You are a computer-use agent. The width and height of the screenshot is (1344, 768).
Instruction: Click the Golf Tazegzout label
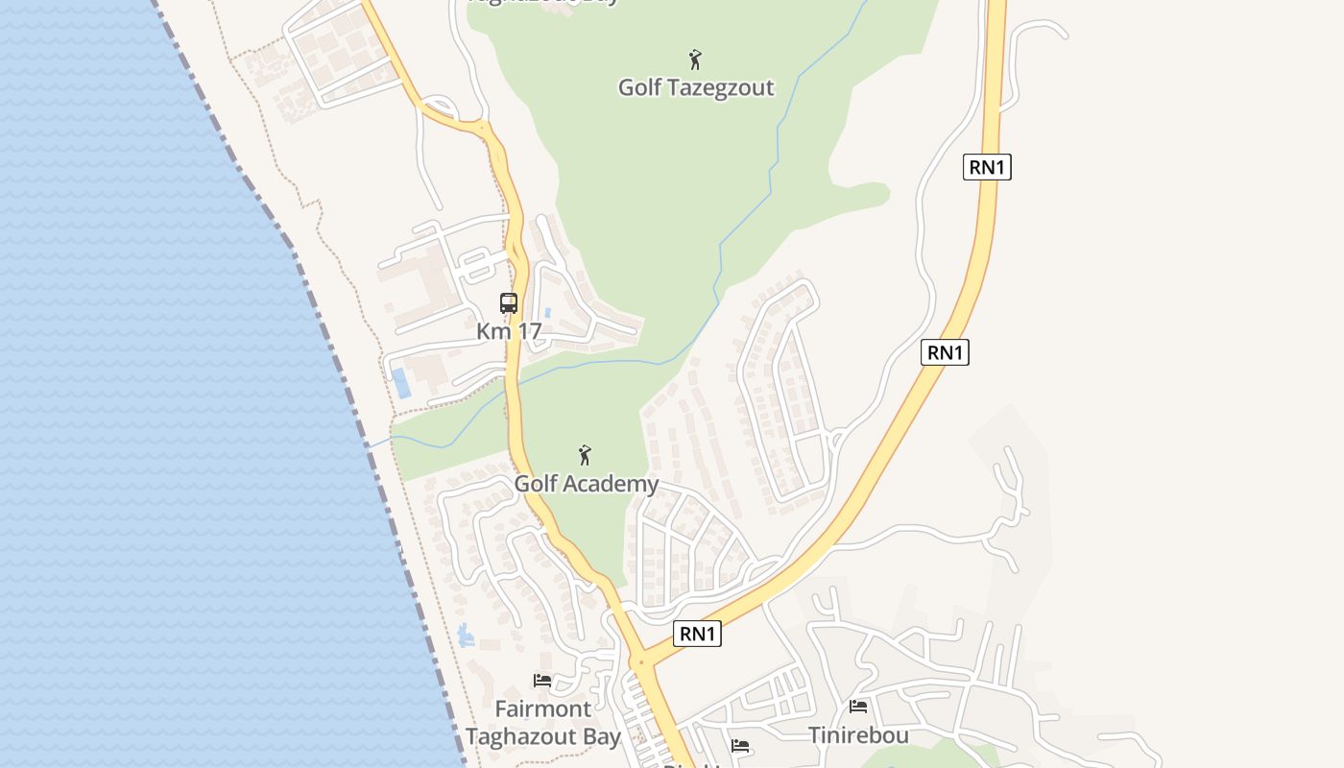click(x=695, y=87)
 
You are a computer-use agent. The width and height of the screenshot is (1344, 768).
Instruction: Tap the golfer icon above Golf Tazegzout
click(x=695, y=60)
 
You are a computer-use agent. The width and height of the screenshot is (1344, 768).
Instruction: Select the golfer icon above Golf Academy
click(x=585, y=455)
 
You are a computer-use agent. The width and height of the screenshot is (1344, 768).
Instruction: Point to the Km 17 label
click(x=509, y=331)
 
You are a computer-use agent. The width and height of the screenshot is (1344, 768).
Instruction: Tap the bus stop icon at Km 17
click(x=509, y=303)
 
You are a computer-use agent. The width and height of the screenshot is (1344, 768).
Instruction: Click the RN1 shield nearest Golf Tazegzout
click(x=987, y=167)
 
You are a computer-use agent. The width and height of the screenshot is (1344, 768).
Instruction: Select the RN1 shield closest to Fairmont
click(x=697, y=634)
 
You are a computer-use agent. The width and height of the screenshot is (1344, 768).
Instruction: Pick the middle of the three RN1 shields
click(x=945, y=352)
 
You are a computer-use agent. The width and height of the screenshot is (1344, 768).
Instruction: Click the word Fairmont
click(x=543, y=709)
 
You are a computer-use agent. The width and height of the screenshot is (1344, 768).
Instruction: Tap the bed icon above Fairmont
click(x=542, y=681)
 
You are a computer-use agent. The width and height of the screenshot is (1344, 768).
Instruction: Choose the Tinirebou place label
click(x=858, y=735)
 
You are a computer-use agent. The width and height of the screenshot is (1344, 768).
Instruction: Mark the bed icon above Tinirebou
click(x=858, y=707)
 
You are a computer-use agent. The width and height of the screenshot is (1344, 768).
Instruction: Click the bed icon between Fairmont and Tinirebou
click(x=740, y=745)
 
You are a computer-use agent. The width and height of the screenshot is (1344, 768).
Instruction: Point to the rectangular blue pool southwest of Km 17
click(x=401, y=383)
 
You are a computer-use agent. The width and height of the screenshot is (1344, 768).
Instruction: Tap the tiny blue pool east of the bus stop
click(x=546, y=313)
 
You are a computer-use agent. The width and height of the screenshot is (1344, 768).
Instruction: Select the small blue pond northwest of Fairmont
click(x=467, y=635)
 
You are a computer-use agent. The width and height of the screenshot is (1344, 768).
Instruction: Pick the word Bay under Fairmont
click(x=600, y=737)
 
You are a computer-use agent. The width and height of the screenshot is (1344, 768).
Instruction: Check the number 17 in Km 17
click(x=528, y=331)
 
